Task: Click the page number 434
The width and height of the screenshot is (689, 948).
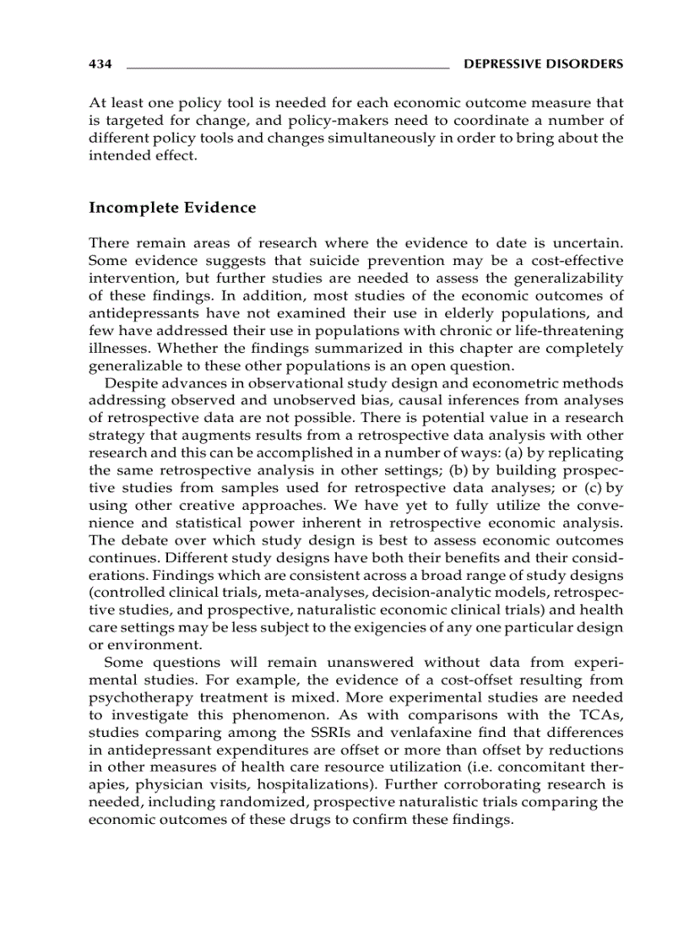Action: pyautogui.click(x=100, y=63)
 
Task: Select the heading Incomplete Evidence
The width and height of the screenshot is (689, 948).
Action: pyautogui.click(x=172, y=207)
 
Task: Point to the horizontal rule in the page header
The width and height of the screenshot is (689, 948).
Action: pyautogui.click(x=287, y=65)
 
